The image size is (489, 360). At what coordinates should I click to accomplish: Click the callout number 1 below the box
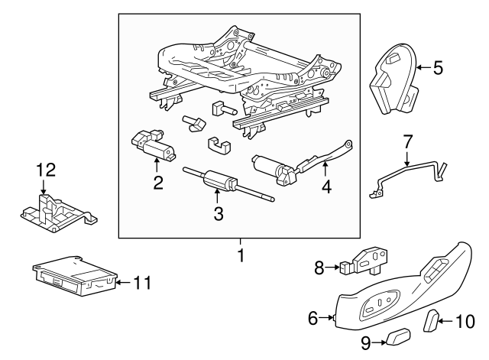pos(241,255)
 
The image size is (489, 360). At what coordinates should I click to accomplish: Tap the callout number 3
pos(218,215)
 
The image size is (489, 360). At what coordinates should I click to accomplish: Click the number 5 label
pos(438,68)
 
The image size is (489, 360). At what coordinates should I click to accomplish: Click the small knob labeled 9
pos(398,337)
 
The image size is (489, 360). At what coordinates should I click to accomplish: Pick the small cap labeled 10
pos(431,319)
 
